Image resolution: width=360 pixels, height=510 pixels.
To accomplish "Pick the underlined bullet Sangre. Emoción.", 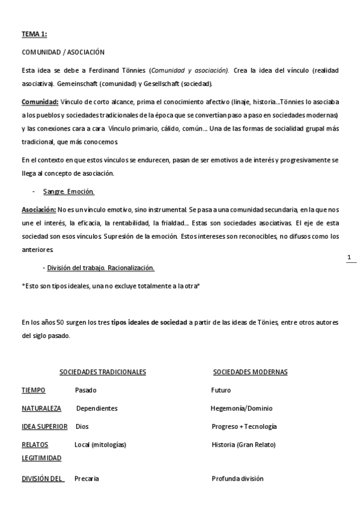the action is click(69, 192).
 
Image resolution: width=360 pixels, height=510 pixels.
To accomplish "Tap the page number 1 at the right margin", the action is click(349, 258).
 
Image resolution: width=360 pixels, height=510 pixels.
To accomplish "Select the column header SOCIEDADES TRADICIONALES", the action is click(102, 372).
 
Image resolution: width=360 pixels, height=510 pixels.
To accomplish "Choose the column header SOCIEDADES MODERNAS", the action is click(250, 372).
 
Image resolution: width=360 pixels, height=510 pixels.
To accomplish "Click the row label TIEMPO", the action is click(33, 390).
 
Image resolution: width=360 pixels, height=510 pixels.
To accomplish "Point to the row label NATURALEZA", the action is click(41, 408).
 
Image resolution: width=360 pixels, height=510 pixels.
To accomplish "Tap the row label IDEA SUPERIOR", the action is click(44, 426).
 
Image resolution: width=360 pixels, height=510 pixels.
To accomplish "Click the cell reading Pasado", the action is click(85, 390).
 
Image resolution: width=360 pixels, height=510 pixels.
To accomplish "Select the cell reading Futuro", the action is click(221, 390).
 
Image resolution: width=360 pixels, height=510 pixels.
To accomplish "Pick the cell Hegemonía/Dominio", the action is click(241, 408).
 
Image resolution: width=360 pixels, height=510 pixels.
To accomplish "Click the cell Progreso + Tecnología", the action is click(244, 426).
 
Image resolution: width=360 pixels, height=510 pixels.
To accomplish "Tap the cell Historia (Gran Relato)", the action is click(243, 445).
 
